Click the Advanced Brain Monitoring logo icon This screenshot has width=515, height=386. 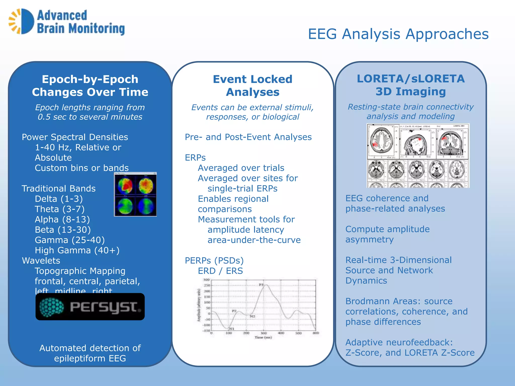pos(22,22)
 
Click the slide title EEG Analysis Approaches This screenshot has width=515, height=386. pos(398,34)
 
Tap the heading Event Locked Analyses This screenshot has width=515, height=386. pos(252,85)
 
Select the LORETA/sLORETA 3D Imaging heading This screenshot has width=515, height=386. pos(410,85)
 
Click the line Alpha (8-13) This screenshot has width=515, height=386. pos(62,219)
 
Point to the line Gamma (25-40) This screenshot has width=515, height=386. pos(70,240)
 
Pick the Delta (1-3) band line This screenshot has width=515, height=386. pos(59,199)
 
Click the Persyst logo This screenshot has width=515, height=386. pos(90,307)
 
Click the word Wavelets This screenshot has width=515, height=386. pos(41,261)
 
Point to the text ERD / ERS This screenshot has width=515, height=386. pos(220,271)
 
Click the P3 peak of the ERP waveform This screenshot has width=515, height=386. pos(265,285)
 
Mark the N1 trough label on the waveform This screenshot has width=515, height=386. pos(231,329)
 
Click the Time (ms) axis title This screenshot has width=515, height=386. pos(263,337)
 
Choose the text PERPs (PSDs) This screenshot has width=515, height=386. pos(214,261)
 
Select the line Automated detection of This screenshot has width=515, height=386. pos(90,348)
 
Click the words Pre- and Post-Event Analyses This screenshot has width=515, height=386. pos(248,137)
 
